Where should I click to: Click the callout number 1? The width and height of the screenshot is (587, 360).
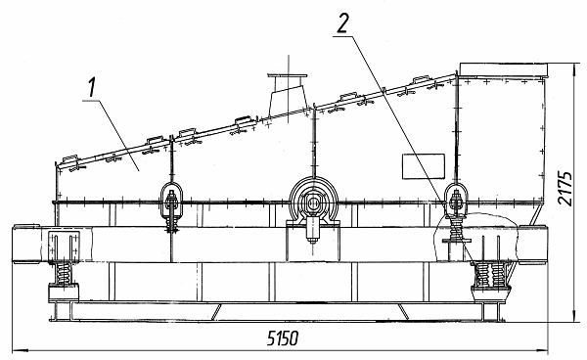coord(91,88)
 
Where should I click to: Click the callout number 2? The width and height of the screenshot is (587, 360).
coord(342,23)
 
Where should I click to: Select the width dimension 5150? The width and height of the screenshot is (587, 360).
coord(283,338)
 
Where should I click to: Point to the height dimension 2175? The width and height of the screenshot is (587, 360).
coord(564,189)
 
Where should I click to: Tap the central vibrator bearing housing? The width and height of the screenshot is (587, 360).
coord(314,202)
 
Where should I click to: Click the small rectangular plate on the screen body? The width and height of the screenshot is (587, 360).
coord(424,166)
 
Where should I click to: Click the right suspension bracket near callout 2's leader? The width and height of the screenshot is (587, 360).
coord(456,201)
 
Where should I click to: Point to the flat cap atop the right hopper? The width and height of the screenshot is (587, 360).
coord(503,69)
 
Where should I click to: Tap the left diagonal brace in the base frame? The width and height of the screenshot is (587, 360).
coord(216,311)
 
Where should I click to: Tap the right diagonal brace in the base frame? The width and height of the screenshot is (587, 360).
coord(403,311)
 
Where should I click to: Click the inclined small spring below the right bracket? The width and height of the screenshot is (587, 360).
coord(456,228)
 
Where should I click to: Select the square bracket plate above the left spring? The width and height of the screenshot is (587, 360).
coord(64,246)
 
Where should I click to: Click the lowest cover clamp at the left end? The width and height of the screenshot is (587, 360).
coord(70,159)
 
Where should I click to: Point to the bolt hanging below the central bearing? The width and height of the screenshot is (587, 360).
coord(312,231)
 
